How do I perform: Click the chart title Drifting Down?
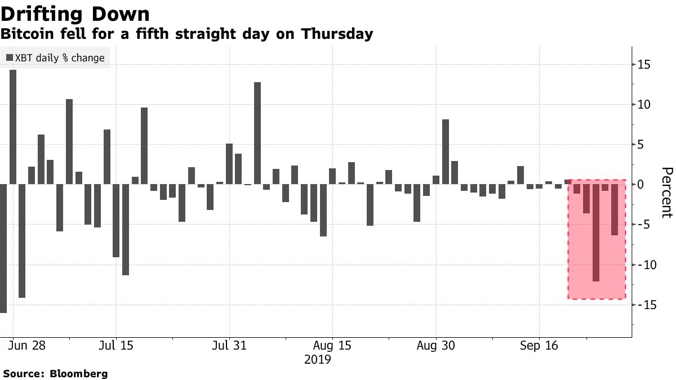click(75, 14)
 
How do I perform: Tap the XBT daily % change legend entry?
click(55, 58)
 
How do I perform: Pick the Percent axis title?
click(666, 192)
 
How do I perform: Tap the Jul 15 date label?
click(115, 345)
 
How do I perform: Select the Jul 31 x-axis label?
click(229, 345)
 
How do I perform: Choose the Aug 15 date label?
click(332, 345)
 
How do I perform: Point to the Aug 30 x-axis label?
click(435, 345)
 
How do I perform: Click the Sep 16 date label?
click(538, 345)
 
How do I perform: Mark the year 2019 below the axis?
click(317, 359)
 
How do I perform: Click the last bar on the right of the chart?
click(615, 209)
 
